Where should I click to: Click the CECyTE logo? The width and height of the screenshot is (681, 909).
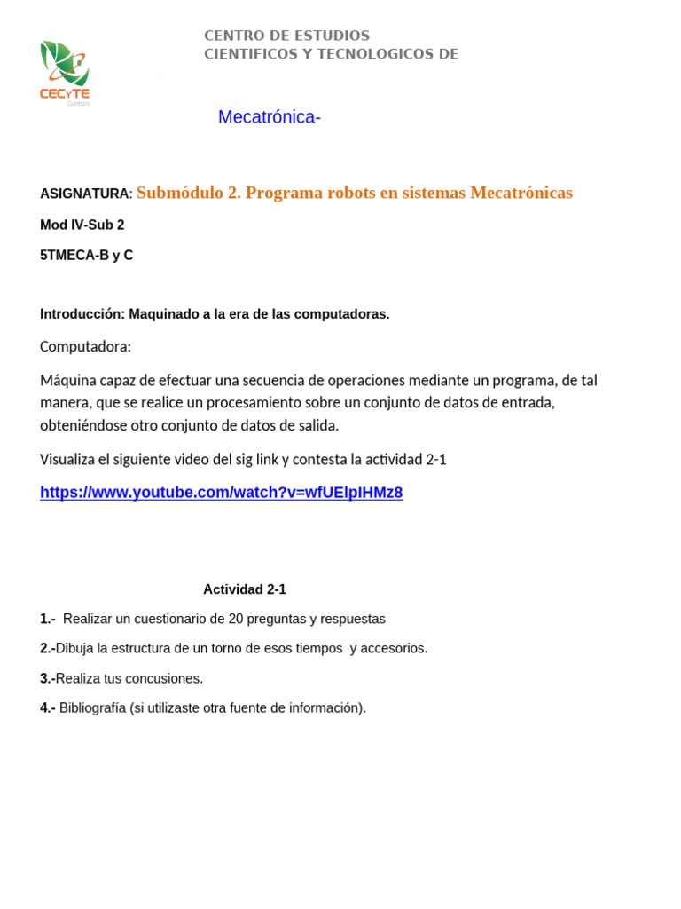[x=65, y=72]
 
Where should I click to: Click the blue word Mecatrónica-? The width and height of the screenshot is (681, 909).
[x=269, y=117]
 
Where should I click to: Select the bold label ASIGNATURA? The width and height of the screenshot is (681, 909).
[x=84, y=194]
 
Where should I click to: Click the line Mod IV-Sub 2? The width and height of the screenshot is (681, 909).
[x=82, y=225]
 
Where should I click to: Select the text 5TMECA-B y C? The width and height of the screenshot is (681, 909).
[x=86, y=255]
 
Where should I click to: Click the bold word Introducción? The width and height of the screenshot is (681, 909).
[x=82, y=314]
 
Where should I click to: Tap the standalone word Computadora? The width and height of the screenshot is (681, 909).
[x=85, y=346]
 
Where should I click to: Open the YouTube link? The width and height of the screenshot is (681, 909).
[x=221, y=493]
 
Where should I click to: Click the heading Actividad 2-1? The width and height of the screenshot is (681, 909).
[x=245, y=589]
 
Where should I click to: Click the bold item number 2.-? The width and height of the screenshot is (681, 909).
[x=48, y=648]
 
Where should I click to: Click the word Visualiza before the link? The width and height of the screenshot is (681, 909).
[x=71, y=459]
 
